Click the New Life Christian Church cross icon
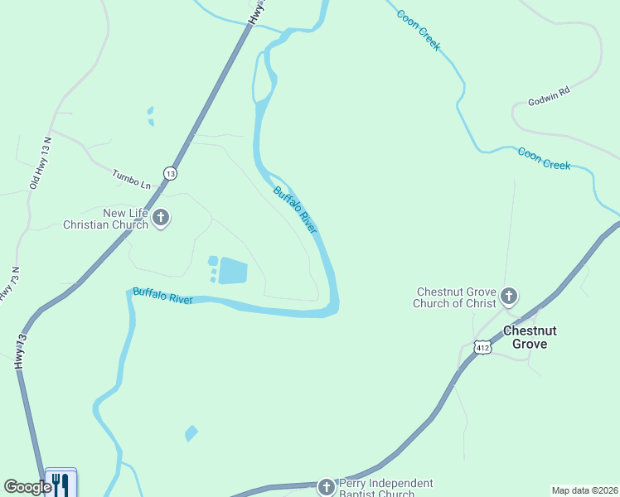point(161,219)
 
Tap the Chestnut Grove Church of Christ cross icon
point(509,296)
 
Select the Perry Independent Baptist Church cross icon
point(327,486)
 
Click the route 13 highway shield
point(170,173)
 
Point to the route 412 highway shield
point(483,348)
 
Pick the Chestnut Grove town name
point(530,337)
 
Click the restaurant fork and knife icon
point(61,483)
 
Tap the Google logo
point(27,487)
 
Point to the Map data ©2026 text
point(584,490)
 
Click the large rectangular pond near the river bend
point(233,271)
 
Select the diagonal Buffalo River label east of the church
point(295,210)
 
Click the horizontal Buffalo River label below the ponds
point(162,296)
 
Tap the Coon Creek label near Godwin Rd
point(544,158)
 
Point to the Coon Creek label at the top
point(418,31)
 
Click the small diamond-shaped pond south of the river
point(191,432)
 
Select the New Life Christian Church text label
point(108,219)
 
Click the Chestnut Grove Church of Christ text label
point(455,297)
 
